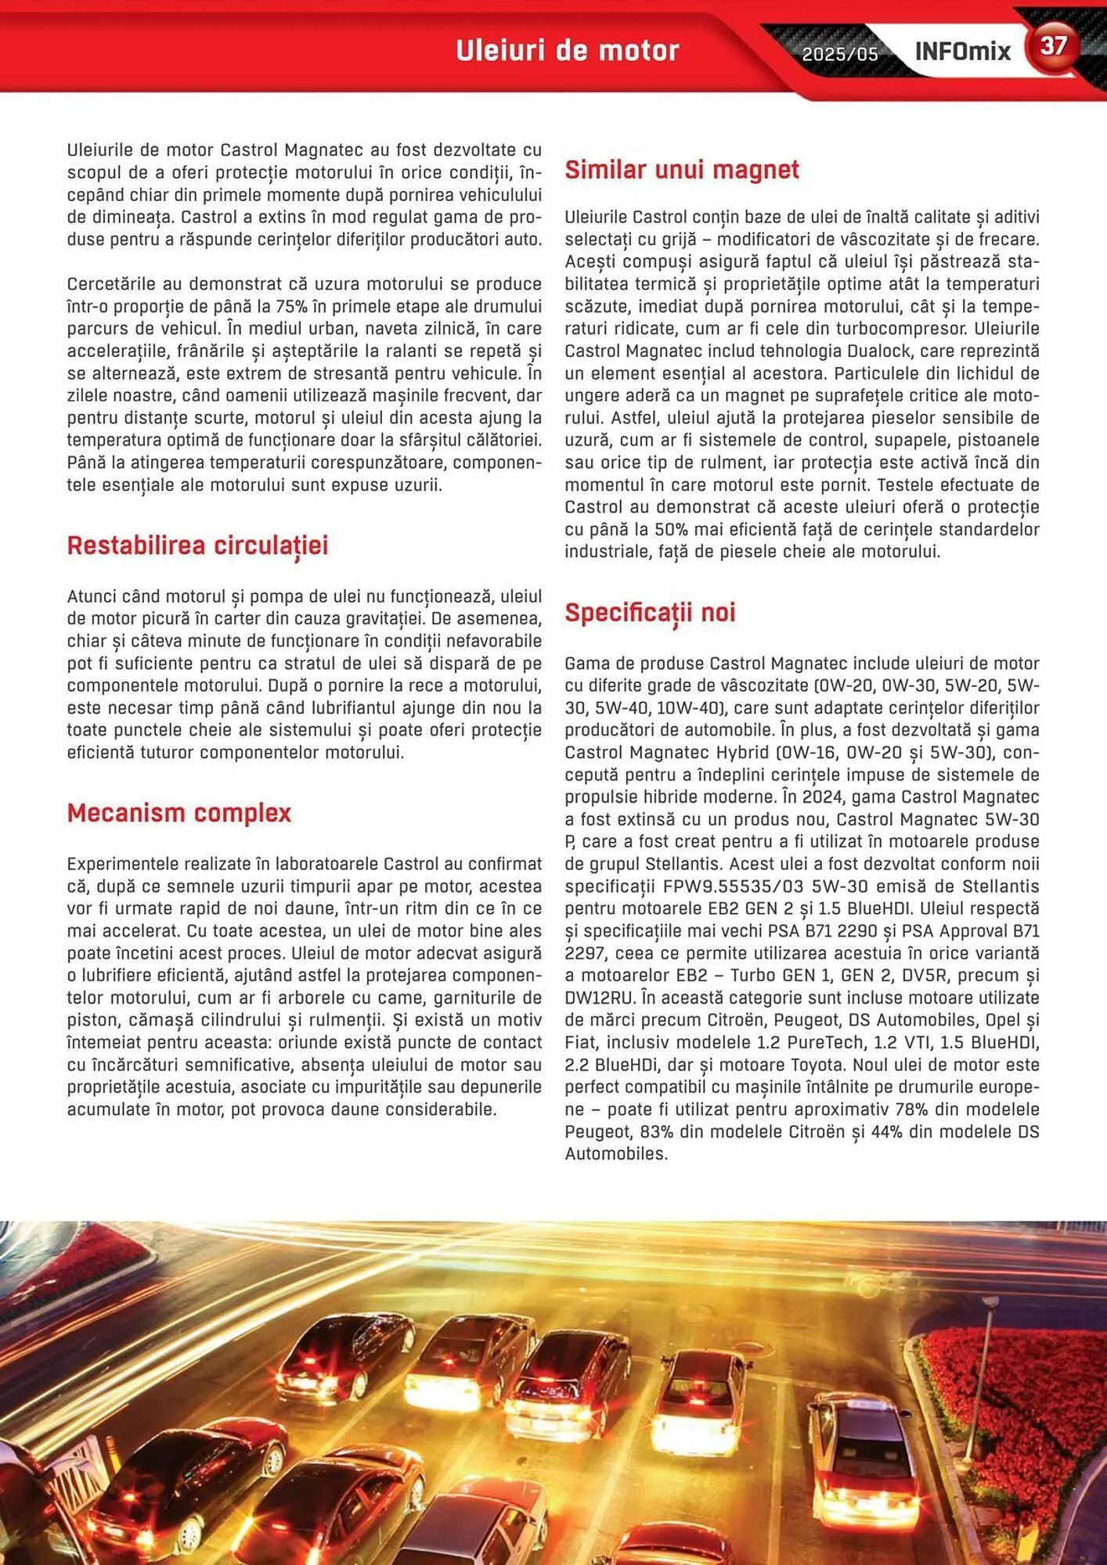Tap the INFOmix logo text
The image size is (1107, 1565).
962,52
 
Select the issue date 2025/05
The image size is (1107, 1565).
840,54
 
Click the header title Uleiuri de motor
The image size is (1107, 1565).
568,51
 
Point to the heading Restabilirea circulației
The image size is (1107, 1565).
197,545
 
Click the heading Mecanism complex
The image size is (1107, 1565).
178,813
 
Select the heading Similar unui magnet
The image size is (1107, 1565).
681,170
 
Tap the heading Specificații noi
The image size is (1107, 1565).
650,613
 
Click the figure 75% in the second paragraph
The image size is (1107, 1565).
291,307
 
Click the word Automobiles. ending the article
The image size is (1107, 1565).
616,1154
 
